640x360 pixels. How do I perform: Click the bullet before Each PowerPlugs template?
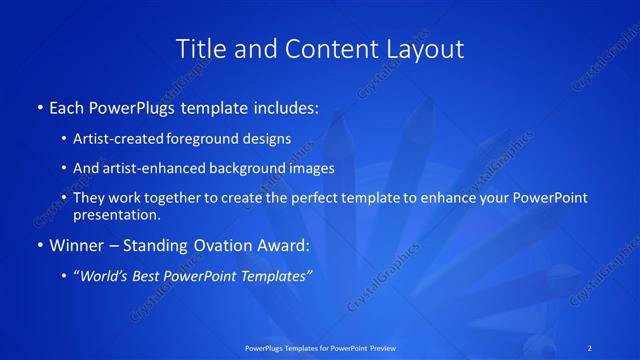tap(39, 106)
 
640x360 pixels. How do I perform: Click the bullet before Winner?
tap(39, 244)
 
